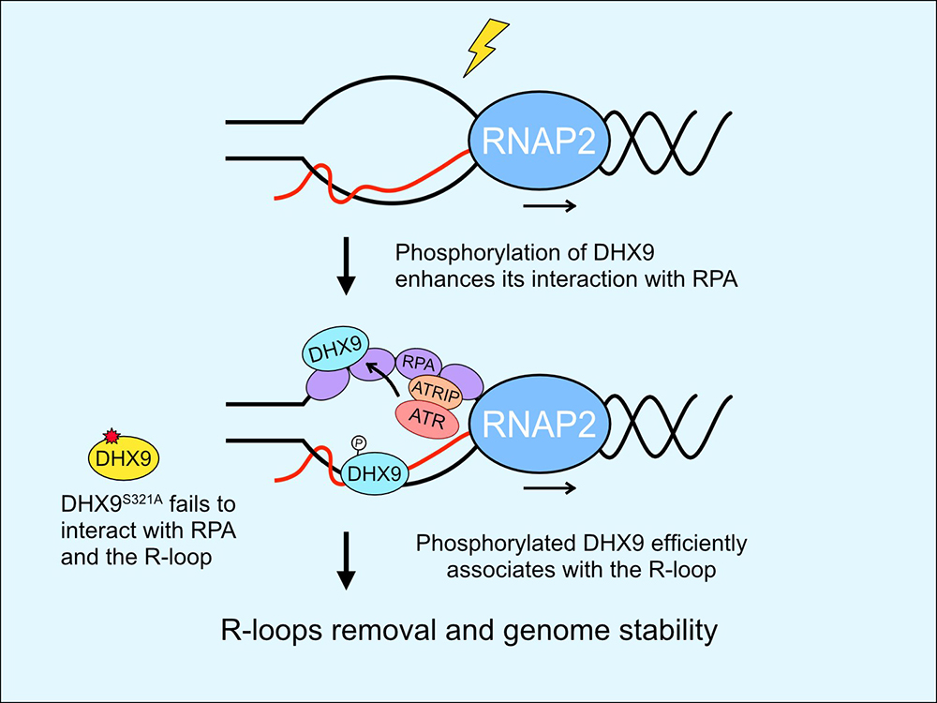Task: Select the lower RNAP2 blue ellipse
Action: click(x=537, y=427)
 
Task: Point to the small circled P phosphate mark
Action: click(x=356, y=441)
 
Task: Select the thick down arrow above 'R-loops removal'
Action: click(x=347, y=561)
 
